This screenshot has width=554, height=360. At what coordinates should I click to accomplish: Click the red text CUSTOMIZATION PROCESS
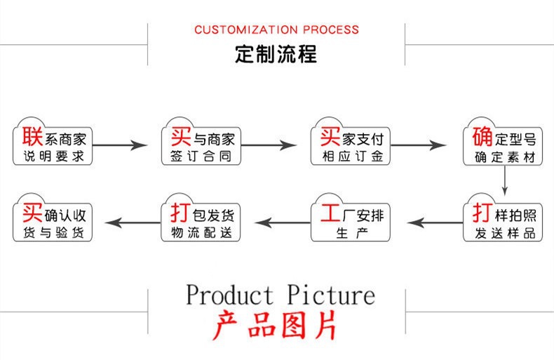(276, 29)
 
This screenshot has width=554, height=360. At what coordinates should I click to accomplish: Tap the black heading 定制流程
(276, 54)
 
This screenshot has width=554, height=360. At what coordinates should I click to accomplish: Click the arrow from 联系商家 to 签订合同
(120, 145)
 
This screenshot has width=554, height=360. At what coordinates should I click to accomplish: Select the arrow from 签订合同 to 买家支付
(269, 145)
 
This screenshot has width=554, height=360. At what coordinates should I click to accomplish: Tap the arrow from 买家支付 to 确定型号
(419, 145)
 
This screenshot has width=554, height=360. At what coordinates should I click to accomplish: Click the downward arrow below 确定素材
(504, 181)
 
